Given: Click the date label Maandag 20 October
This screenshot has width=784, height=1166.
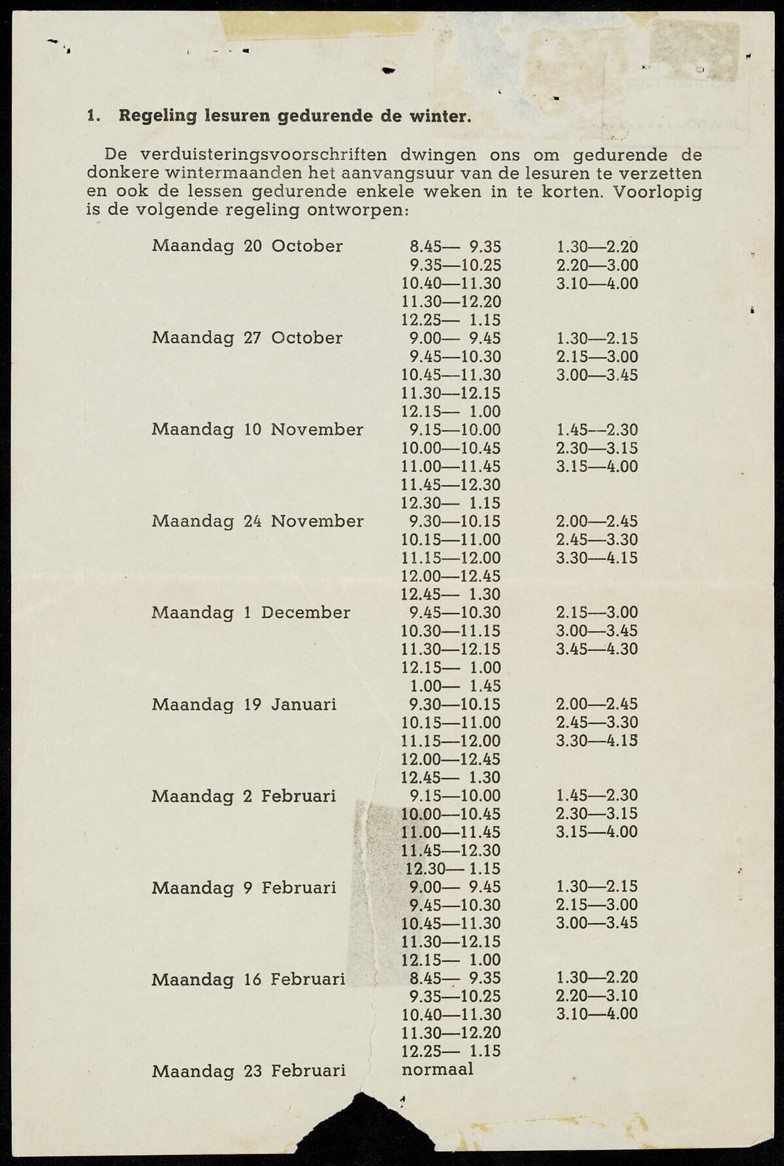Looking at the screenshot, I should click(247, 246).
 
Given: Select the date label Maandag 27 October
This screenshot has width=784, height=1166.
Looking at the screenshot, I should click(247, 338).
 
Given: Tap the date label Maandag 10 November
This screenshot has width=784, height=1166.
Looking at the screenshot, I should click(257, 429).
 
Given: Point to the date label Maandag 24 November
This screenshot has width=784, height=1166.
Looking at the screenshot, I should click(257, 521).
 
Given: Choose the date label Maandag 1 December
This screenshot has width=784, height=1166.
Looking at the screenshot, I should click(251, 612).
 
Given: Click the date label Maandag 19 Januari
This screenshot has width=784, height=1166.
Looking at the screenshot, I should click(244, 704).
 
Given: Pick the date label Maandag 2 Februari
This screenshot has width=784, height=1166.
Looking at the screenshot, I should click(244, 796).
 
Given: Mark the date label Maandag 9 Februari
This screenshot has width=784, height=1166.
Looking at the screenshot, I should click(244, 888).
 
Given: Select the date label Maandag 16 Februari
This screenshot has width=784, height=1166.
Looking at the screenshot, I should click(248, 979).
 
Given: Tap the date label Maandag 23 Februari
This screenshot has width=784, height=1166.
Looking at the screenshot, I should click(248, 1071).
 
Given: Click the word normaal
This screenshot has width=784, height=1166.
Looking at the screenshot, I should click(437, 1069).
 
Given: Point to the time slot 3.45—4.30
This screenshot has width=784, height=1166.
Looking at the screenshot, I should click(597, 649).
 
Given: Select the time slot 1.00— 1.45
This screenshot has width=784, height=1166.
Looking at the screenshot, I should click(455, 686).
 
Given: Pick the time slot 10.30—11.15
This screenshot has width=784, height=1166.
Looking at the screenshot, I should click(451, 631).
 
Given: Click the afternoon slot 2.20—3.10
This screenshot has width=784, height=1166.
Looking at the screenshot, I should click(597, 995).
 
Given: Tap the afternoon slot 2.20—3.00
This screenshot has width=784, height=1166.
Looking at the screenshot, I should click(597, 265).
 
